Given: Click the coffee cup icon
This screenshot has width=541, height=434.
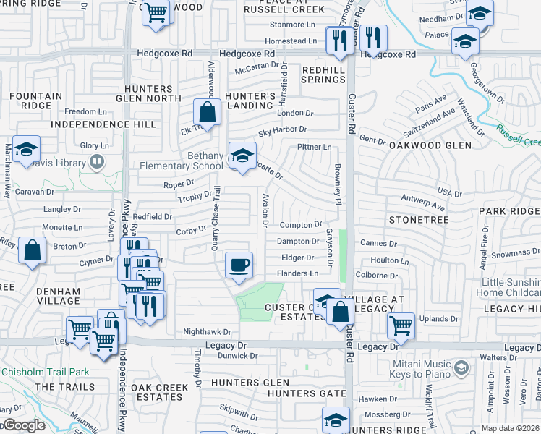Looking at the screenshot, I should point(239,264).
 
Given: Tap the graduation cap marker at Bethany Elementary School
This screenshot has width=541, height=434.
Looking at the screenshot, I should point(242,154).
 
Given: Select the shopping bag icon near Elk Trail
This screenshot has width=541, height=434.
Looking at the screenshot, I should point(207,113).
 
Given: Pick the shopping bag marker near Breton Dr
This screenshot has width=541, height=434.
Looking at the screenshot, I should point(33,251).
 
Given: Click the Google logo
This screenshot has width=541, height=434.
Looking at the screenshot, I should point(23,426).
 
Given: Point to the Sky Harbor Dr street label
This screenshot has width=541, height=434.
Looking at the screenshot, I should point(283,130).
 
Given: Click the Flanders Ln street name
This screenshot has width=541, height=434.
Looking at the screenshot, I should point(298,273).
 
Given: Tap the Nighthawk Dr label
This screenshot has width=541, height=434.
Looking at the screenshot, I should point(206,332).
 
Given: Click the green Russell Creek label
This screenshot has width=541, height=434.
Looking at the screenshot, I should point(517,135).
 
